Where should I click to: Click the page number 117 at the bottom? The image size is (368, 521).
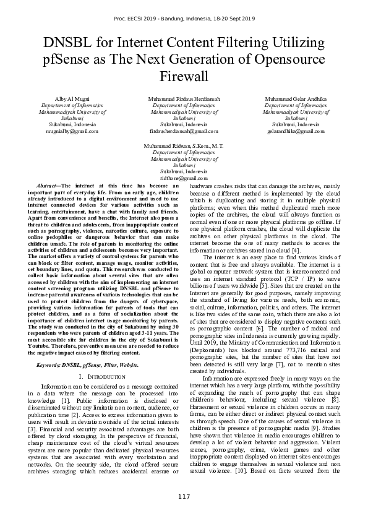click(184, 497)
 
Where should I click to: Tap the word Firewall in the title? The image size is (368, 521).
click(184, 77)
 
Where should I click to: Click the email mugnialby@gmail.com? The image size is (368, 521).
click(63, 131)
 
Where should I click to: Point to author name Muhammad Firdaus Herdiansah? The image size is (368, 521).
click(184, 99)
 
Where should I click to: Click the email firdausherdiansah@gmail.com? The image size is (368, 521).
click(184, 131)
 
